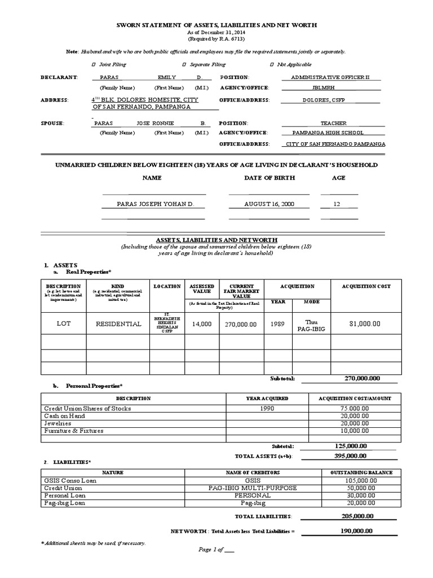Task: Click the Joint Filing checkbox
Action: coord(94,64)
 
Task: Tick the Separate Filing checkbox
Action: coord(184,64)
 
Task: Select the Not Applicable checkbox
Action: coord(273,64)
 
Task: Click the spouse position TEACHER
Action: coord(333,122)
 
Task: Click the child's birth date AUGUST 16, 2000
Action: coord(268,204)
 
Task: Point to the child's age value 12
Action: coord(337,204)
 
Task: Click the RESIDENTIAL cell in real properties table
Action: coord(118,324)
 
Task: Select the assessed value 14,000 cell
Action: coord(201,324)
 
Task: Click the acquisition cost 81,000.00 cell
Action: coord(365,324)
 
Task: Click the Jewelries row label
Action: coord(58,423)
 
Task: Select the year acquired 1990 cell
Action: coord(268,408)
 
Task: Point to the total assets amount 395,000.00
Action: coord(350,456)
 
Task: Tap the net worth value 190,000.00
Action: coord(357,531)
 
